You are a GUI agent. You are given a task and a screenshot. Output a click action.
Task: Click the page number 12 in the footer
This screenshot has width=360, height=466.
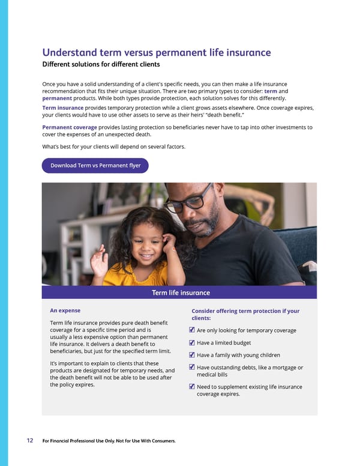29,441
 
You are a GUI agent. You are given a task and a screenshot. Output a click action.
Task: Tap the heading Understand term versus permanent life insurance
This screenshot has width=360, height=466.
156,53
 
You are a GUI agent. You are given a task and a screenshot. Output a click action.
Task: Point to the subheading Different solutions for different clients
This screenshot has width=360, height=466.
101,64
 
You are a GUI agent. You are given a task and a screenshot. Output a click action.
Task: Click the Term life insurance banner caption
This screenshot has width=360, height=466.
181,292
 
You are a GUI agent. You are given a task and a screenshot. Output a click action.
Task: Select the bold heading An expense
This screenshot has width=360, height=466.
65,310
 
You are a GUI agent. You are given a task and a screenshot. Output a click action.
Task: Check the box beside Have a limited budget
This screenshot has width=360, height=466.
191,343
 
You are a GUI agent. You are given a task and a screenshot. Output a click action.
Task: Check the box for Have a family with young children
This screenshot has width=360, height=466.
191,355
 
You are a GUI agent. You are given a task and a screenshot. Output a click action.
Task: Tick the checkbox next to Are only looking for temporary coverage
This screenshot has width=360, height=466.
191,330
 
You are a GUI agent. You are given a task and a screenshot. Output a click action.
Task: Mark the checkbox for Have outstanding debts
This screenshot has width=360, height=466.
191,368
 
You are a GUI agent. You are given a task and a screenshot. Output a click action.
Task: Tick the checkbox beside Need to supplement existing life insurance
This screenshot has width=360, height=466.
191,387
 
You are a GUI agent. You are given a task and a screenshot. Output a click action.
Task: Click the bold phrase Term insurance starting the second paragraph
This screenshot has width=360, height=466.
63,107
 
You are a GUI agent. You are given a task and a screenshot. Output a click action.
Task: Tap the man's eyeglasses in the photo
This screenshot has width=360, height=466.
189,202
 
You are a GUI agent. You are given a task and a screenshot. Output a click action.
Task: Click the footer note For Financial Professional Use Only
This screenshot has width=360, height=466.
109,441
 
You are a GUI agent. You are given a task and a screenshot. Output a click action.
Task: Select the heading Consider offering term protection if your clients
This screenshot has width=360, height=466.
245,314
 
